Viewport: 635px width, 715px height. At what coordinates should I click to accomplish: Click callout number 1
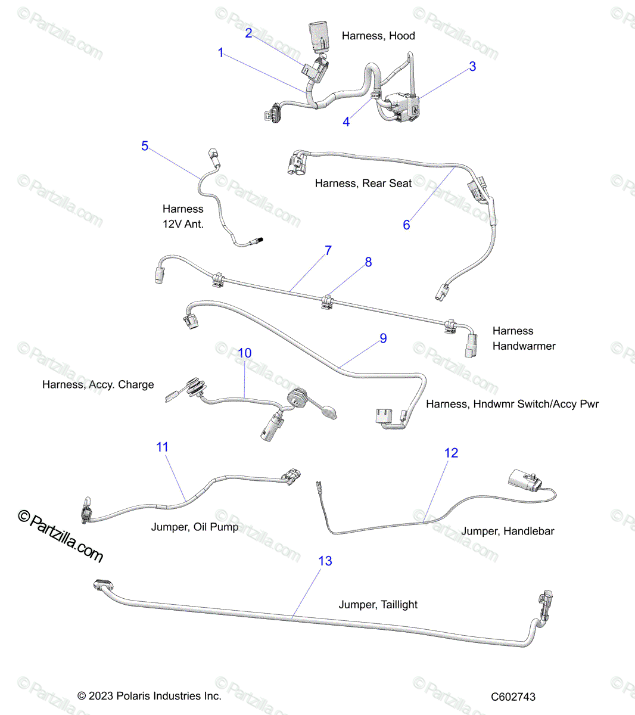(x=221, y=52)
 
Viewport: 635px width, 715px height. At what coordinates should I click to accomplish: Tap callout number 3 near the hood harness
(x=473, y=66)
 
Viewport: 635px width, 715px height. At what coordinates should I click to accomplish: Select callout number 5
(x=145, y=146)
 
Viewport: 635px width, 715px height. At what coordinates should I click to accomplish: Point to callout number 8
(x=368, y=262)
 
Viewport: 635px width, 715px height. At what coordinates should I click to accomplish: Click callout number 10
(x=244, y=353)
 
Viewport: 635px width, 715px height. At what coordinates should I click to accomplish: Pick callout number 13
(x=325, y=561)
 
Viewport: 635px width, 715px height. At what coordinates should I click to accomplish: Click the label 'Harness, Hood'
(x=378, y=36)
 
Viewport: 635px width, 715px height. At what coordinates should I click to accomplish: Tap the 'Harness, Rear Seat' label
(x=363, y=183)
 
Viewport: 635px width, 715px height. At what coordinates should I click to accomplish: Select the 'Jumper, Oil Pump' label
(x=195, y=527)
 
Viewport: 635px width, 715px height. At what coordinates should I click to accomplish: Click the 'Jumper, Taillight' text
(x=378, y=605)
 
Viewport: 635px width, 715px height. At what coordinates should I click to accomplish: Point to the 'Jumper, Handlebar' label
(x=508, y=531)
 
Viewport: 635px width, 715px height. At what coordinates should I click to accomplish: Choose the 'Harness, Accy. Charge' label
(x=98, y=384)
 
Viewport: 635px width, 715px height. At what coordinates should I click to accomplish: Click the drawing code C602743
(x=513, y=697)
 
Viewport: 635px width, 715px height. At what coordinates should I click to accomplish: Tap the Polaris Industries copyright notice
(x=150, y=695)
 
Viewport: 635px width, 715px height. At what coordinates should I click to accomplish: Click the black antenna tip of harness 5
(x=260, y=240)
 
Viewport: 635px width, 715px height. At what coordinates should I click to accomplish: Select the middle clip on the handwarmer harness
(x=327, y=302)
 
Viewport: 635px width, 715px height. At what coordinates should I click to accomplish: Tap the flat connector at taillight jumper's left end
(x=104, y=585)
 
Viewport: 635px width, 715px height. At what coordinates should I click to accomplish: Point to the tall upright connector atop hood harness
(x=319, y=37)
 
